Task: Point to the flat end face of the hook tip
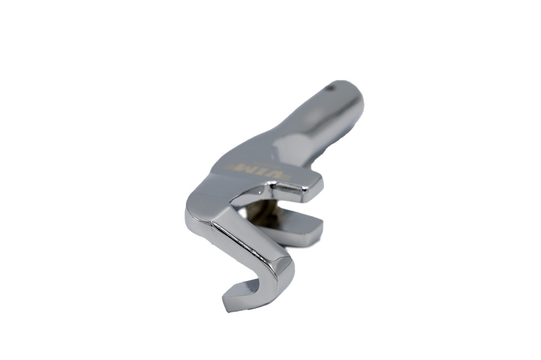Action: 232,297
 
